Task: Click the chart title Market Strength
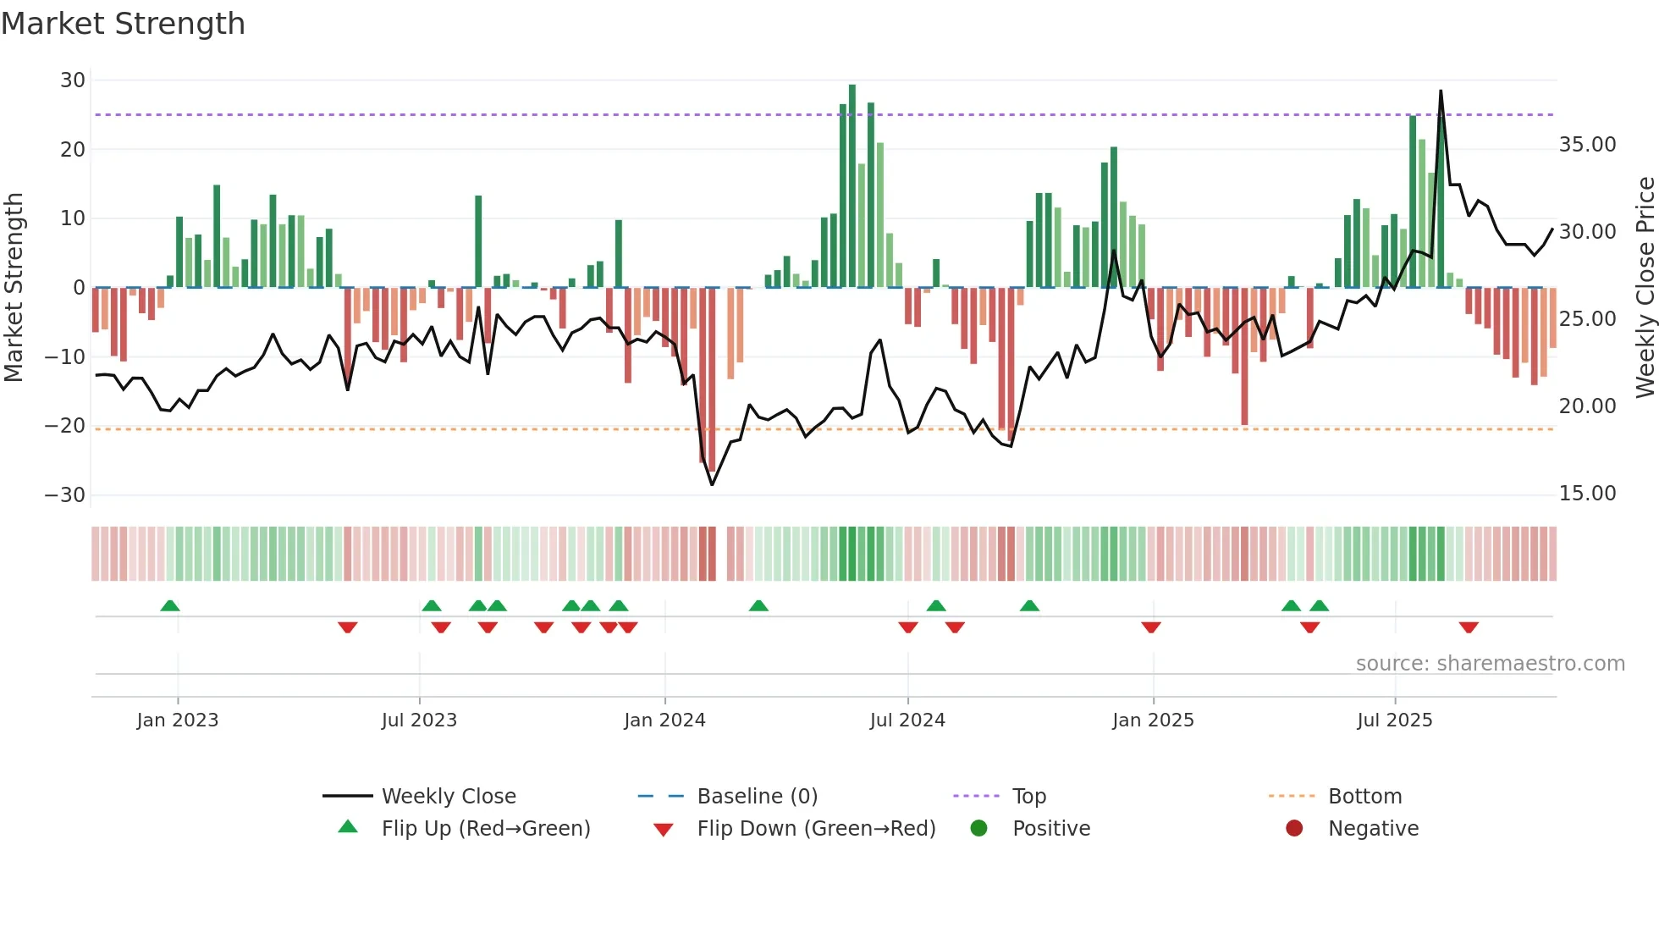tap(123, 24)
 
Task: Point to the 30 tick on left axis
tap(73, 80)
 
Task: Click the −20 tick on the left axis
tap(66, 426)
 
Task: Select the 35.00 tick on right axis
tap(1587, 145)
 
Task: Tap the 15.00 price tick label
tap(1587, 494)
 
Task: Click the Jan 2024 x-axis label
tap(664, 720)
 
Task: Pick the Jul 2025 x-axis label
tap(1394, 720)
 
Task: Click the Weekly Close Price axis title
tap(1645, 287)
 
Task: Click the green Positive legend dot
tap(979, 829)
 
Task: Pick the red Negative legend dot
tap(1294, 829)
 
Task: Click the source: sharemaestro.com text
tap(1490, 664)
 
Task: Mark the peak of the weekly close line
tap(1441, 91)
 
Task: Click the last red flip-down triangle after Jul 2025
tap(1469, 627)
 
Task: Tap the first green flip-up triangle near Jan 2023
tap(170, 605)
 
